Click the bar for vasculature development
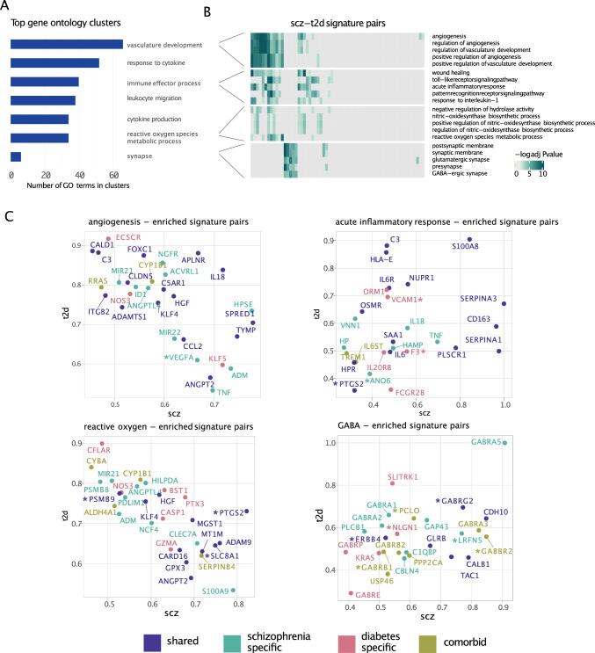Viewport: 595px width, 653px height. pyautogui.click(x=66, y=45)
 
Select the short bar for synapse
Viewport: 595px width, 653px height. pyautogui.click(x=16, y=156)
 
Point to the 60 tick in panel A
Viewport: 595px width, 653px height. pyautogui.click(x=114, y=175)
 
